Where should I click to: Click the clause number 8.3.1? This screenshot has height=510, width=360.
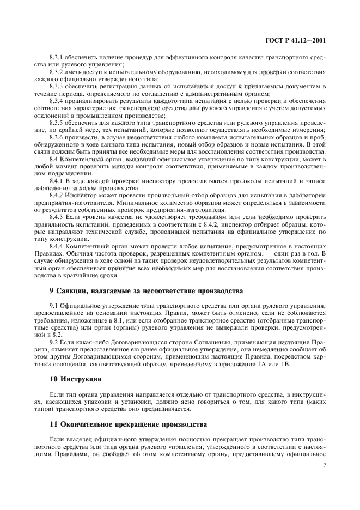point(57,57)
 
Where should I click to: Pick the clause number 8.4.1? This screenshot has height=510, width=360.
point(57,180)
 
